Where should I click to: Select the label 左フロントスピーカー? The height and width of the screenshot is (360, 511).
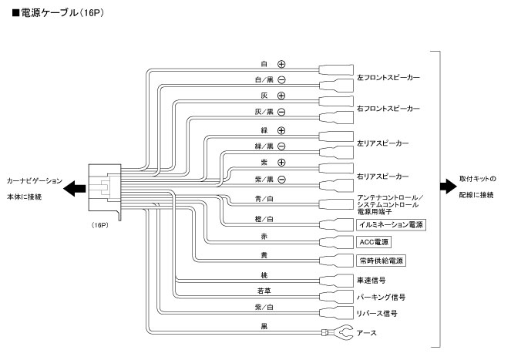[389, 78]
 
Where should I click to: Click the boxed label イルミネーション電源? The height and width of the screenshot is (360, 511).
[392, 224]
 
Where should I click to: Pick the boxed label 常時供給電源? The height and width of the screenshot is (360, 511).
[382, 261]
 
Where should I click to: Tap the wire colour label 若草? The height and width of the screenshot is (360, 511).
[264, 291]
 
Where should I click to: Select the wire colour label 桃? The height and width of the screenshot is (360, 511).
[264, 273]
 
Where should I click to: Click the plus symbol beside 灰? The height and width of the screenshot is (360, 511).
[281, 96]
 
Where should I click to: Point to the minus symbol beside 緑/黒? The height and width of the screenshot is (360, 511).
[281, 146]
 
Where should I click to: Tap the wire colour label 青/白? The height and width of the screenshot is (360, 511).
[264, 198]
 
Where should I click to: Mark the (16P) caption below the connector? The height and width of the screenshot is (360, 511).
[99, 225]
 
